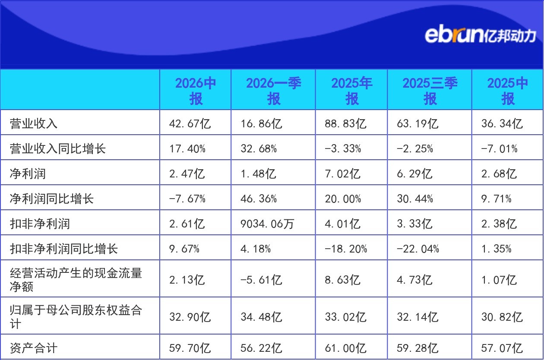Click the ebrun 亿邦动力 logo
(x=481, y=35)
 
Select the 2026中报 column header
(x=196, y=91)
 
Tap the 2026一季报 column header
(x=273, y=91)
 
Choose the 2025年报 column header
(x=351, y=91)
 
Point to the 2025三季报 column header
(x=430, y=91)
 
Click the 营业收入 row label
(x=34, y=123)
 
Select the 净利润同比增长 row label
(x=52, y=199)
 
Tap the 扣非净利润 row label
(x=40, y=224)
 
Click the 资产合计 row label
(x=34, y=348)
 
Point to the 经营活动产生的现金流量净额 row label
(x=76, y=280)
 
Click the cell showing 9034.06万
(x=267, y=224)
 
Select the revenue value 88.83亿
(x=345, y=123)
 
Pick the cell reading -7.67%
(x=187, y=199)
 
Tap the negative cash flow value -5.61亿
(x=261, y=280)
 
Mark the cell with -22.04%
(x=418, y=249)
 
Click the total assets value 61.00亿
(x=345, y=348)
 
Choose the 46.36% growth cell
(x=259, y=199)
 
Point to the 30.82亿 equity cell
(x=502, y=317)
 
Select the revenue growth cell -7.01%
(x=499, y=149)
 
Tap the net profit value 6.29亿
(x=414, y=174)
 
